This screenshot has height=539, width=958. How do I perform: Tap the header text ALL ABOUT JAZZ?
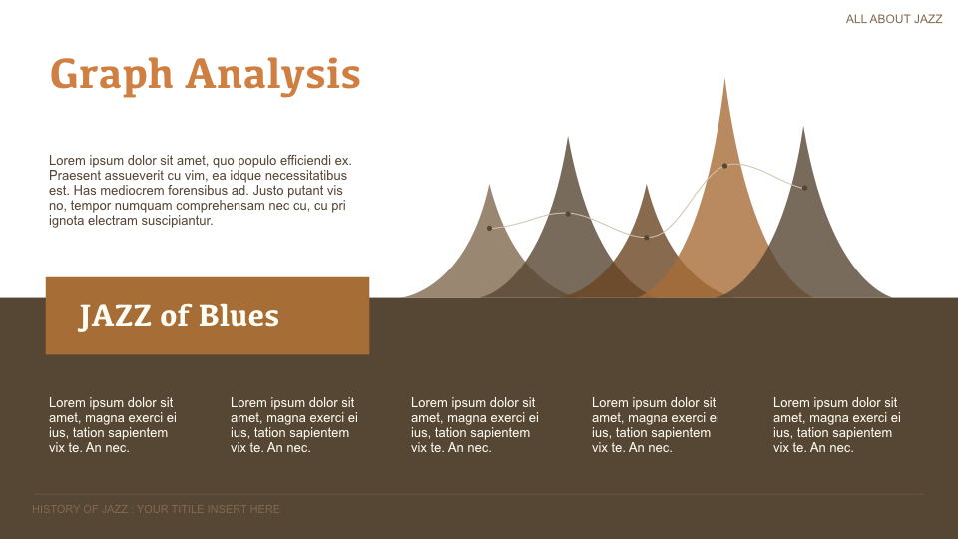893,19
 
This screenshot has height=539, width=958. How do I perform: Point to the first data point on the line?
489,228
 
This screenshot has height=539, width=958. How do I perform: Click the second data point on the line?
568,214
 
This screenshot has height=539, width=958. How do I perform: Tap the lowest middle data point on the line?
647,237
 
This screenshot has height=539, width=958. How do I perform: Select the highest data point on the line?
724,166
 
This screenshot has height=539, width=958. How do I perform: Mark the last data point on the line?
804,188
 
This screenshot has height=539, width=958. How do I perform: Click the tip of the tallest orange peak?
725,80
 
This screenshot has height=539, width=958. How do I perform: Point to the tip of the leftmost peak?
489,186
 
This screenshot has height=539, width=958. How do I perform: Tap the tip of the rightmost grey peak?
804,128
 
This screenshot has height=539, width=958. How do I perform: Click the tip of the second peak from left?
568,138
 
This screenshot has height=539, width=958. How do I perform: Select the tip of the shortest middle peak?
647,186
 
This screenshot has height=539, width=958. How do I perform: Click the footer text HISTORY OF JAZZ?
80,509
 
